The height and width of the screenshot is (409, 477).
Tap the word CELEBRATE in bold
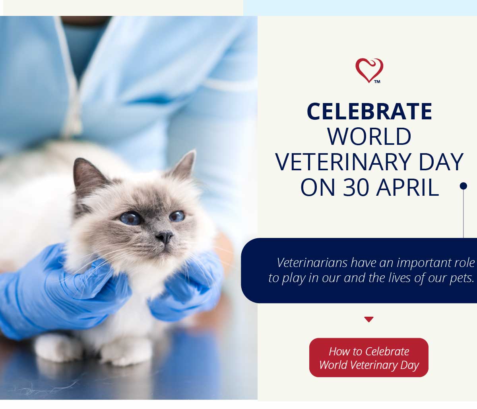point(369,111)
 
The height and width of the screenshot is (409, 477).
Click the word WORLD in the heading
point(369,136)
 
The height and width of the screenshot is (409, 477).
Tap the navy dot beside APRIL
point(463,186)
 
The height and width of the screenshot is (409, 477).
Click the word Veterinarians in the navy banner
point(312,263)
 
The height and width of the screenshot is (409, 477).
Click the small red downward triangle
point(369,319)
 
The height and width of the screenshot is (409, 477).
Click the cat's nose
point(164,237)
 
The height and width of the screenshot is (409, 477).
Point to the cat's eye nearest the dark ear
point(130,218)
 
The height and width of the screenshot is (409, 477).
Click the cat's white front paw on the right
point(126,352)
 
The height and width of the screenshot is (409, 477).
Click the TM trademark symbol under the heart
point(377,82)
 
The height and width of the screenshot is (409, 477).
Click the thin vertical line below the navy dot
point(463,214)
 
